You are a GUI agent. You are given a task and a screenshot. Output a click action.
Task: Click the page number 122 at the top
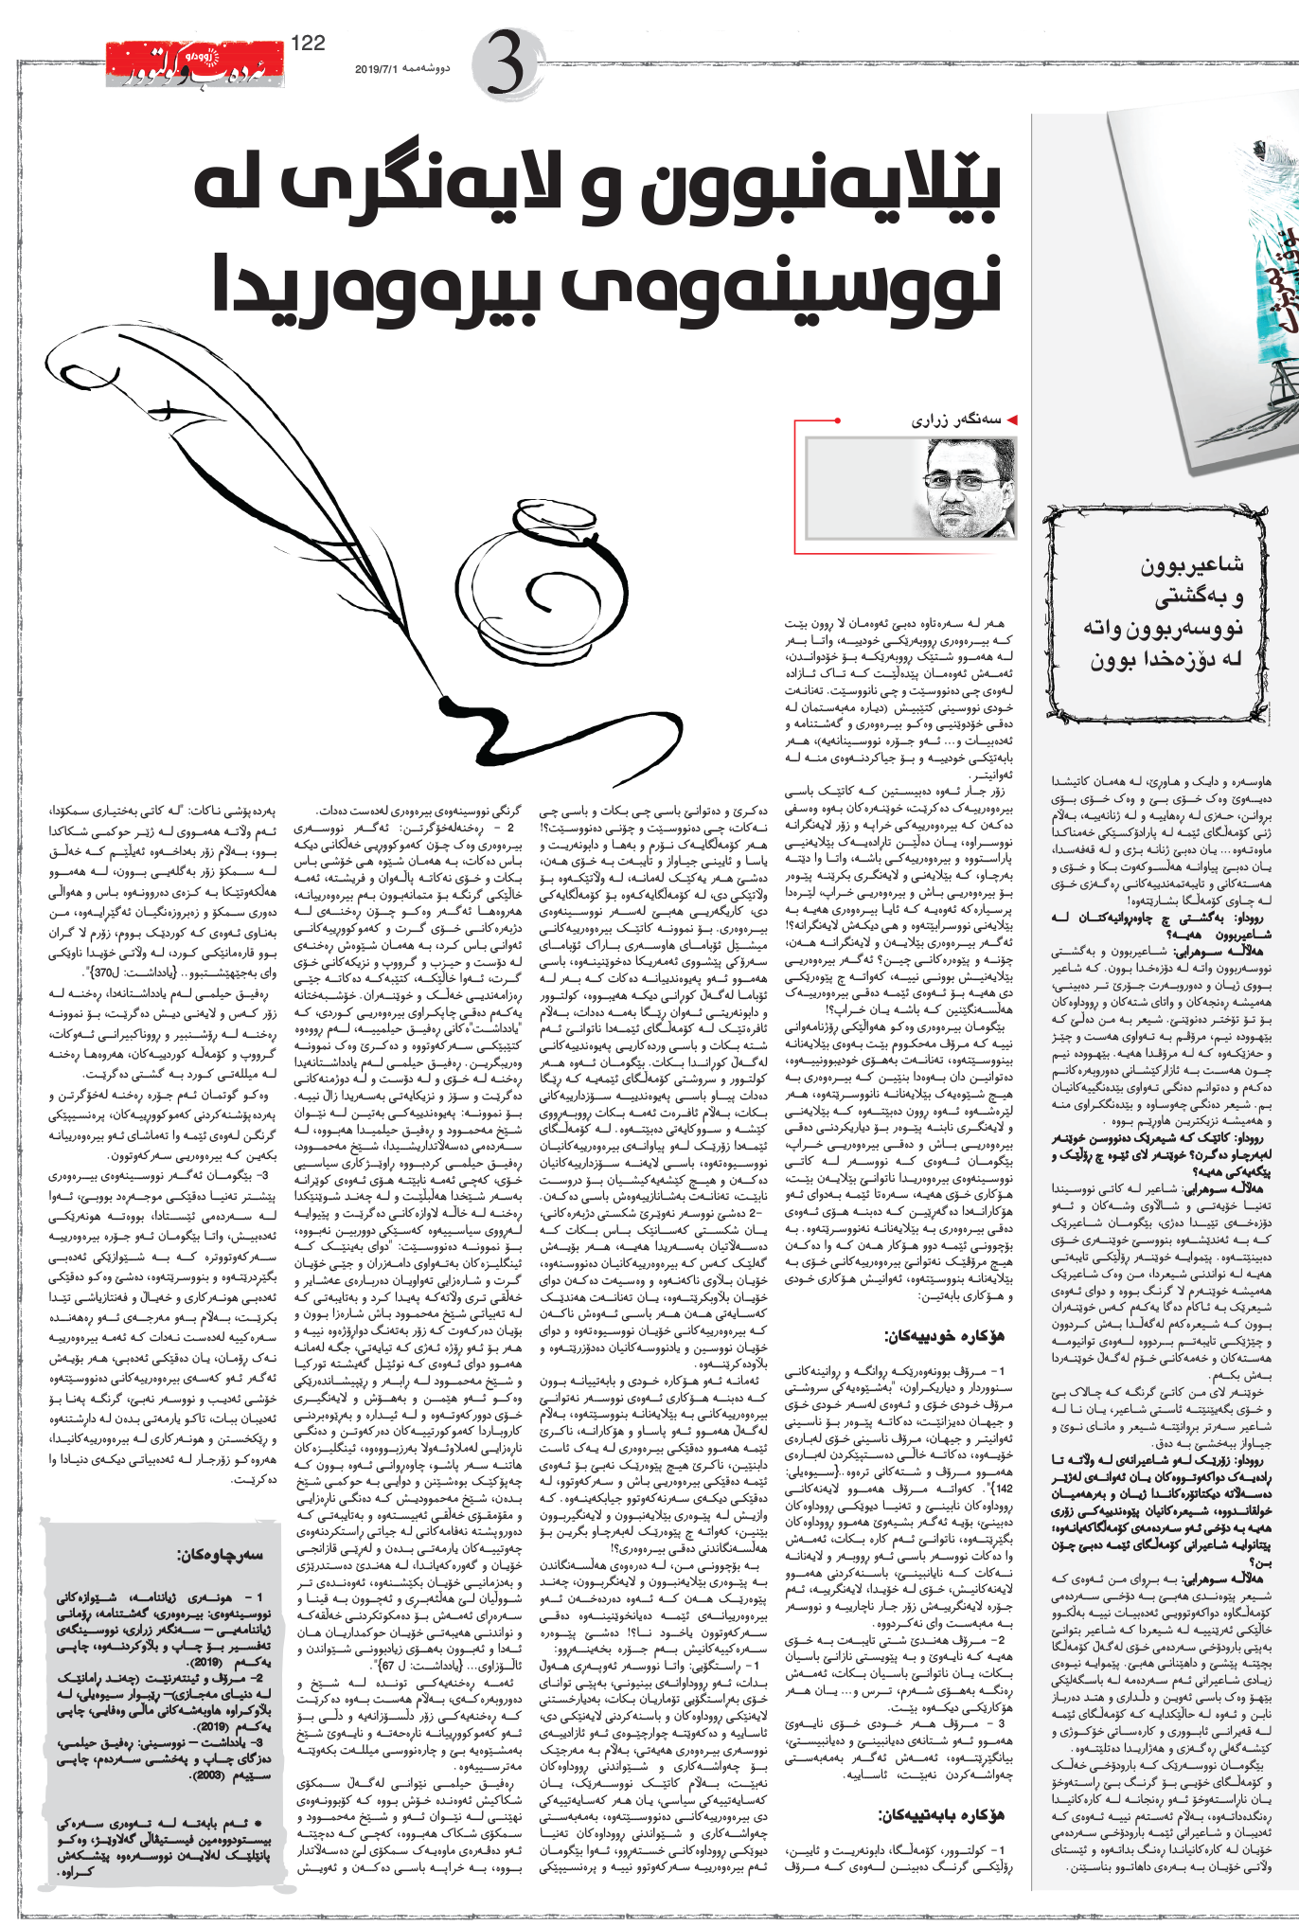(x=309, y=43)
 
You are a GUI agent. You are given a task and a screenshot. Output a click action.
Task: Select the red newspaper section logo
(x=194, y=65)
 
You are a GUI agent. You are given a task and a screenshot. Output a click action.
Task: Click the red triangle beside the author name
(x=1012, y=419)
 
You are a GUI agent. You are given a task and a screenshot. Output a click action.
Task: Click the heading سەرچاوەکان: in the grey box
(x=221, y=1555)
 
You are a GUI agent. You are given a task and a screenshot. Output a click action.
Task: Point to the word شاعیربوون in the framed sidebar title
(x=1192, y=565)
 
